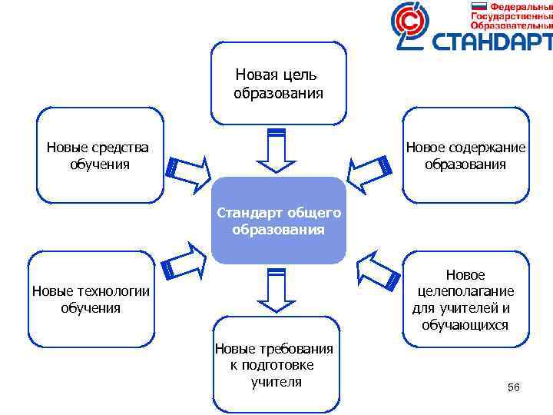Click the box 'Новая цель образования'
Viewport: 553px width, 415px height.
pyautogui.click(x=278, y=83)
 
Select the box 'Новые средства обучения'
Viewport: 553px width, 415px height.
pyautogui.click(x=100, y=155)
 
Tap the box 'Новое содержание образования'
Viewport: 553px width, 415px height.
pyautogui.click(x=465, y=155)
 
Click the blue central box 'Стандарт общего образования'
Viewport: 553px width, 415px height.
pyautogui.click(x=278, y=220)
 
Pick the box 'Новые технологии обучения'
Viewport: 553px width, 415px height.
pyautogui.click(x=91, y=298)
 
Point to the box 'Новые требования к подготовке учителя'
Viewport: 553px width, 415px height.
pyautogui.click(x=276, y=363)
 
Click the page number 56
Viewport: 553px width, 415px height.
pyautogui.click(x=513, y=387)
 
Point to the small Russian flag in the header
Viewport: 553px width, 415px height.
pyautogui.click(x=479, y=5)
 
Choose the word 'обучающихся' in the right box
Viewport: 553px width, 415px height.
pyautogui.click(x=465, y=325)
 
